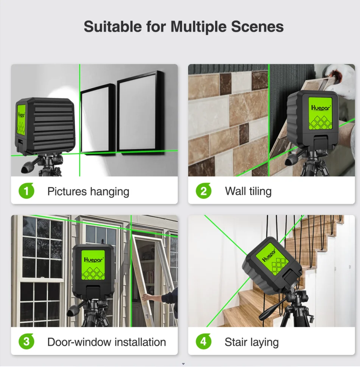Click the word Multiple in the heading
click(198, 27)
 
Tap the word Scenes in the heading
click(257, 27)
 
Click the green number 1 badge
click(26, 191)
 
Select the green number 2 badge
click(204, 191)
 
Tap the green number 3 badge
click(26, 342)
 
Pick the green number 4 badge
click(204, 342)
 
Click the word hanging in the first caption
click(110, 192)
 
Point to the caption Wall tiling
click(248, 192)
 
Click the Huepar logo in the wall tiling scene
click(321, 108)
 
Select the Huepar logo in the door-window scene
click(94, 260)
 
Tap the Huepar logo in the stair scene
click(269, 255)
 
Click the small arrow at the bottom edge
click(183, 364)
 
